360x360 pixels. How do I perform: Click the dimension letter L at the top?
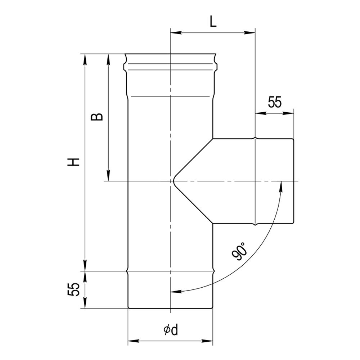[x=213, y=22]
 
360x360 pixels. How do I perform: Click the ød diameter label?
[x=171, y=330]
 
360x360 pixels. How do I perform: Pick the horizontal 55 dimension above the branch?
[x=275, y=102]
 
